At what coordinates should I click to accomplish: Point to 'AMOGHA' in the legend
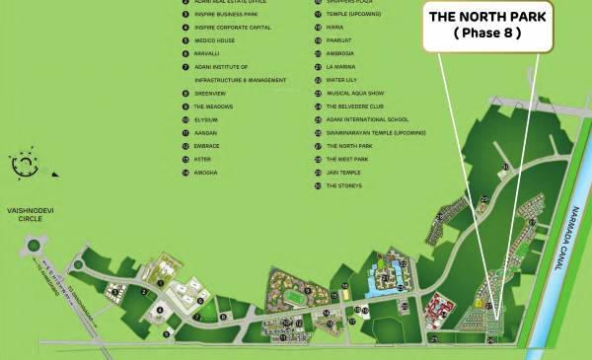[x=206, y=172]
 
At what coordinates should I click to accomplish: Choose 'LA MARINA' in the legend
[x=340, y=66]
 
